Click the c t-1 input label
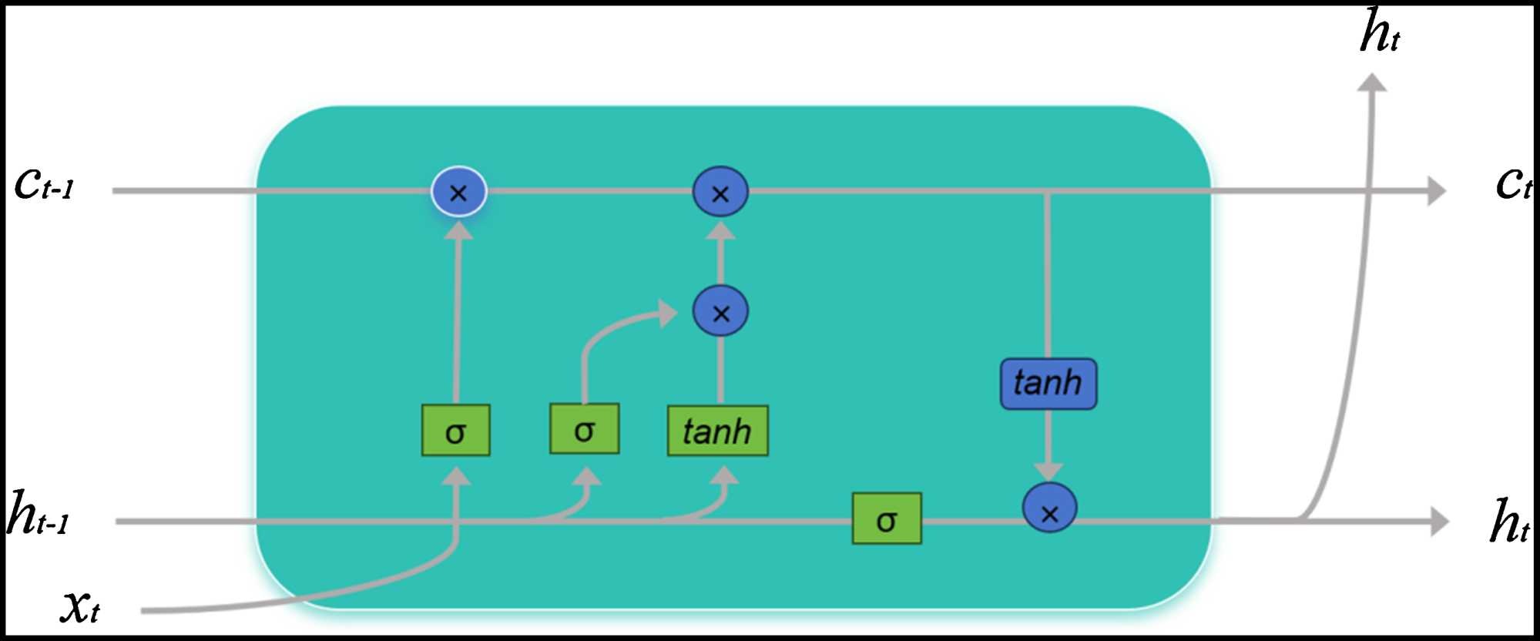point(45,184)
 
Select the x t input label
point(80,606)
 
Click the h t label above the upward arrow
point(1379,32)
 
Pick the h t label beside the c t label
point(1508,522)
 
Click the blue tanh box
point(1048,383)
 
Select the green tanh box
point(717,431)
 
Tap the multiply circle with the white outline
point(458,192)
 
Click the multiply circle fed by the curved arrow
point(720,312)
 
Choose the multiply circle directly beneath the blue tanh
point(1049,508)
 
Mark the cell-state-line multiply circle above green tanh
point(720,192)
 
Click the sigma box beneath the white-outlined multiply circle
point(455,431)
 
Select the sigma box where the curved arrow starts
point(584,429)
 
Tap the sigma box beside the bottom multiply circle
point(886,519)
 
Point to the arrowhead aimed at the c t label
point(1436,190)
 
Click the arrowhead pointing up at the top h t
point(1371,82)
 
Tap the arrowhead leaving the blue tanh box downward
point(1048,471)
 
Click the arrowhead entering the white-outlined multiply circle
point(458,230)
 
